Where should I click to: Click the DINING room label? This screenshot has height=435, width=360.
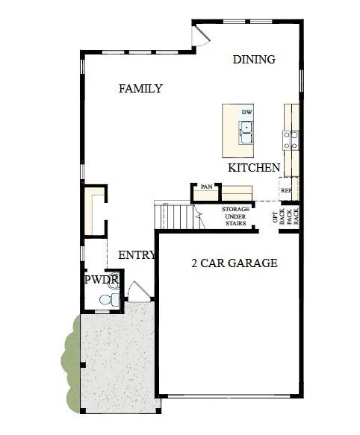tap(254, 60)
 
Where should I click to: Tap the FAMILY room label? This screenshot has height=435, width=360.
tap(140, 89)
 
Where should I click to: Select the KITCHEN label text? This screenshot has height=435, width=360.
tap(254, 168)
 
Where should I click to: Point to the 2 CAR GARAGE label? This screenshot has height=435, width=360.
tap(235, 263)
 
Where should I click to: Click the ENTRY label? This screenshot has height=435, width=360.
tap(137, 255)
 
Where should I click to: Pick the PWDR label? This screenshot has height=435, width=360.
tap(102, 279)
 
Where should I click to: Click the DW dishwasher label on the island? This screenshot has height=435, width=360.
tap(246, 112)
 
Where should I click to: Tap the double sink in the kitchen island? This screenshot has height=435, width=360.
tap(246, 133)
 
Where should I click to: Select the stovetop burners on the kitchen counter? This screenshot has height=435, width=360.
tap(291, 140)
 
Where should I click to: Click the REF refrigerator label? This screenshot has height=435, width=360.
tap(286, 190)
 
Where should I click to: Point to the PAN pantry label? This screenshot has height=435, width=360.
tap(206, 187)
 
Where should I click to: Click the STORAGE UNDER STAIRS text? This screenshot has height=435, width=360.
tap(235, 216)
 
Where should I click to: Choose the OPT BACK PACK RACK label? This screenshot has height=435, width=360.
tap(285, 216)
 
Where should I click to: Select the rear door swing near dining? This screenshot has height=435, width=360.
tap(201, 35)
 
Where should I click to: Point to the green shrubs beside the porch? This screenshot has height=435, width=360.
tap(70, 363)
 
